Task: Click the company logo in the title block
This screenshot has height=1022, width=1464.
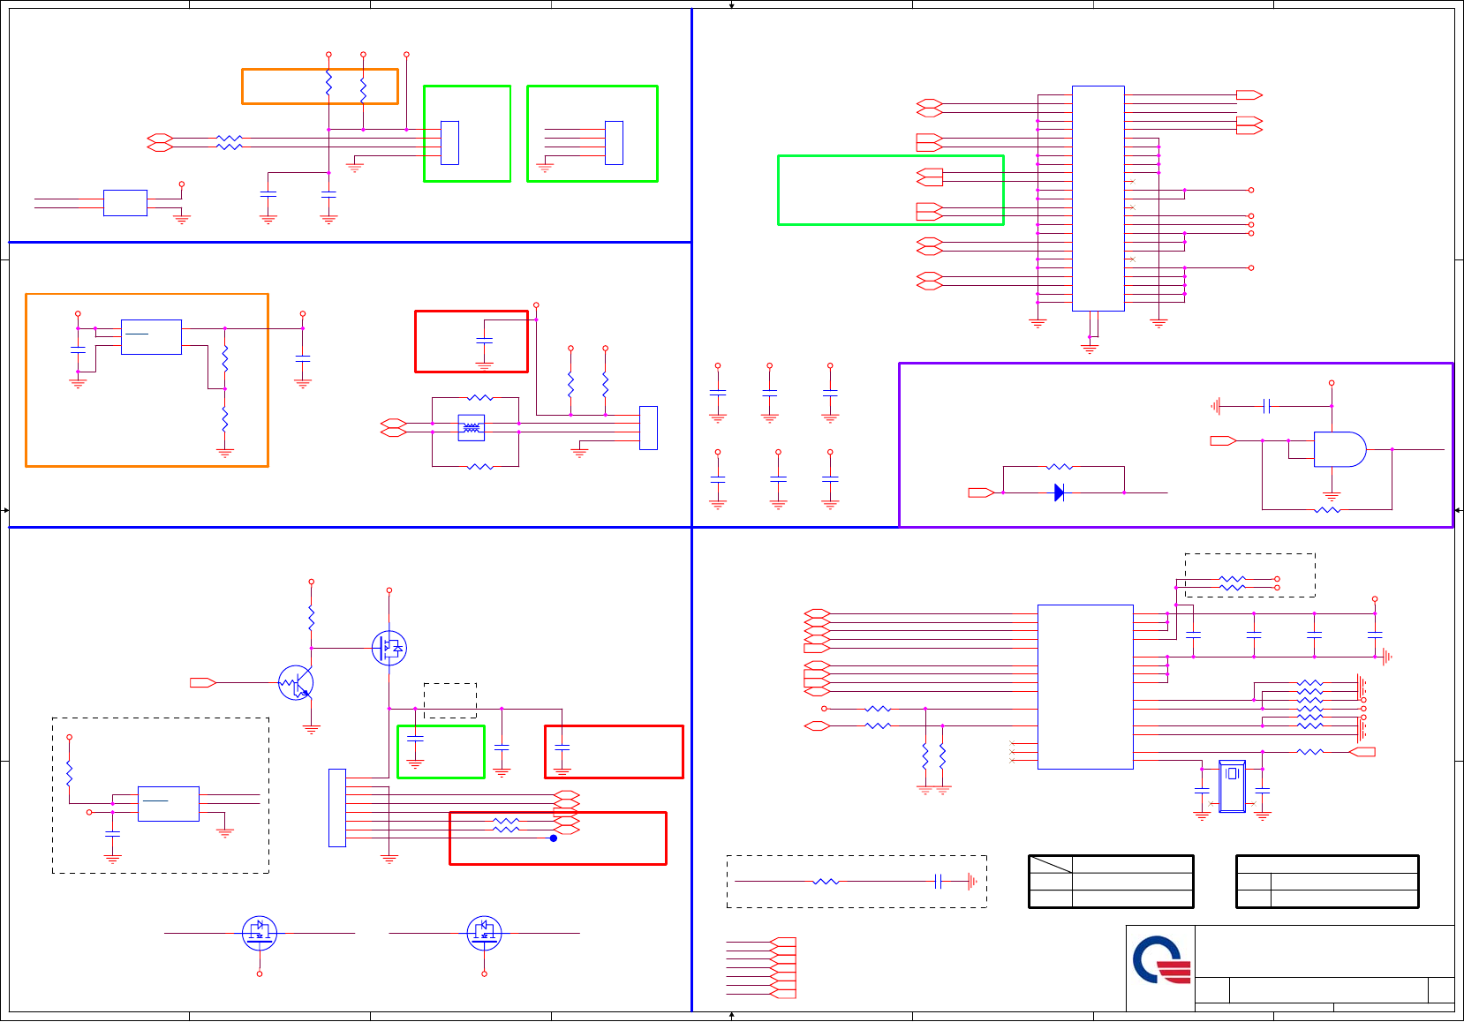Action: pos(1159,961)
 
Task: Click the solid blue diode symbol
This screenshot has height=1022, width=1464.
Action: pos(1060,492)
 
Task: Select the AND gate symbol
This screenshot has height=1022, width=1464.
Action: pos(1339,449)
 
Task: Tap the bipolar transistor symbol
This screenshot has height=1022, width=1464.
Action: pos(296,683)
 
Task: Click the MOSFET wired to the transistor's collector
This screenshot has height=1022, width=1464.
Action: pos(389,648)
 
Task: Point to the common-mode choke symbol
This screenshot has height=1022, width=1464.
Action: pos(472,428)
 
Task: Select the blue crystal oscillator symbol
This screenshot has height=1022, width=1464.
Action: pos(1232,785)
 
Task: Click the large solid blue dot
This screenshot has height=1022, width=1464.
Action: pos(554,838)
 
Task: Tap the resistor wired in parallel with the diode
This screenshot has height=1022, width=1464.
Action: pos(1060,466)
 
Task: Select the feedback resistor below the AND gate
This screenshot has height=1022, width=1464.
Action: pos(1327,509)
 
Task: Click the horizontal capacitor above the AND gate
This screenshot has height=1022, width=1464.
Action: pos(1266,406)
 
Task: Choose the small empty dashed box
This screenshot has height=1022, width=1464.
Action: pos(450,700)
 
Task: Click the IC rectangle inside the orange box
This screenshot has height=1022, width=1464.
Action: pos(151,337)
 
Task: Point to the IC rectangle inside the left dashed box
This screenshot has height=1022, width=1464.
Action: pos(169,803)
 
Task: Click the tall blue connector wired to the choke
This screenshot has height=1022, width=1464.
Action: pos(648,428)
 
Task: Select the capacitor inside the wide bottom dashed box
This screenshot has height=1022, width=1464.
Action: pos(939,881)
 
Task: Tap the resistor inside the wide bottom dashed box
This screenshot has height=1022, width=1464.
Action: pos(826,881)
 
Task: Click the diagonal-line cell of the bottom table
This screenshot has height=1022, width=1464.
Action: pos(1051,864)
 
